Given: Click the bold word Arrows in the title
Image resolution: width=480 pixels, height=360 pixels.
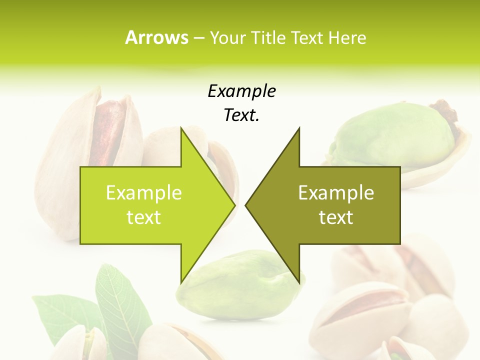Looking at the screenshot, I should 156,37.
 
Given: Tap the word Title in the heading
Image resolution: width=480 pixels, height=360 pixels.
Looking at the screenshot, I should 267,37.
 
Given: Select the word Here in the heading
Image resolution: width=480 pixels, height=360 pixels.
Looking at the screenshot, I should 347,37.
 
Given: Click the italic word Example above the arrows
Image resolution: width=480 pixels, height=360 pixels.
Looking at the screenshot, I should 241,91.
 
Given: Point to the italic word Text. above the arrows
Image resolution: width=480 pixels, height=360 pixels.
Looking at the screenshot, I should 241,115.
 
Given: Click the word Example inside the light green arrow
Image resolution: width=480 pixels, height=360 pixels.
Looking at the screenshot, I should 143,192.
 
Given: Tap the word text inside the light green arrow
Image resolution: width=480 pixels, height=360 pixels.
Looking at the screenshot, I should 143,217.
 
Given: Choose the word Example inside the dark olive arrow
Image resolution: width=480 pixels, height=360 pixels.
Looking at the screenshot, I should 336,192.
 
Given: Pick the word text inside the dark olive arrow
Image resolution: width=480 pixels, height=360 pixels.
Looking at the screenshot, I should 336,217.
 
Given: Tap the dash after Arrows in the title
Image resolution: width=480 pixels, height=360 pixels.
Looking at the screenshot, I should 198,38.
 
